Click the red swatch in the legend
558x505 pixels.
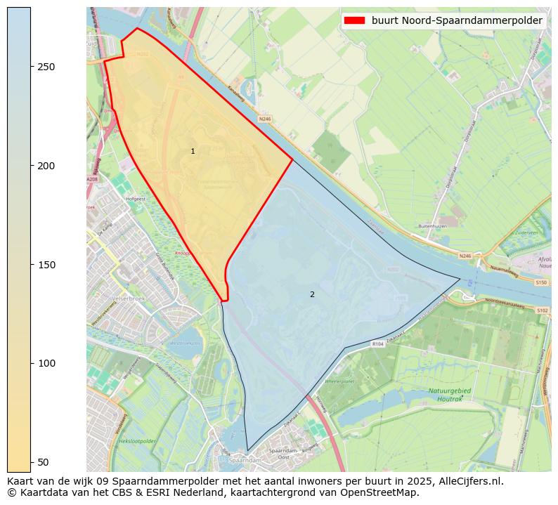click(x=355, y=20)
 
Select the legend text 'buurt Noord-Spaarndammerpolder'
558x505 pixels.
click(x=457, y=20)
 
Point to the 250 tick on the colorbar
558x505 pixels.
click(x=32, y=67)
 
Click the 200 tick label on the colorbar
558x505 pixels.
click(x=46, y=166)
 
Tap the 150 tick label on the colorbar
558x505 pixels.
click(x=46, y=265)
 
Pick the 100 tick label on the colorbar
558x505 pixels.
click(x=46, y=363)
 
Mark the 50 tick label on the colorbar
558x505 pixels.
click(x=43, y=462)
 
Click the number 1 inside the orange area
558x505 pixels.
click(x=193, y=152)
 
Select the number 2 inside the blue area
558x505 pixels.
click(x=312, y=294)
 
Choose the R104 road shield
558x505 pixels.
click(x=378, y=344)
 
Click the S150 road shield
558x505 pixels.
click(x=541, y=282)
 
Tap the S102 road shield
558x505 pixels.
click(x=542, y=310)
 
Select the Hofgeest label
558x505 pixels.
click(x=135, y=199)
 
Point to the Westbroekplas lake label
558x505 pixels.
click(x=185, y=343)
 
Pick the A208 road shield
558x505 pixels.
click(x=92, y=180)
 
